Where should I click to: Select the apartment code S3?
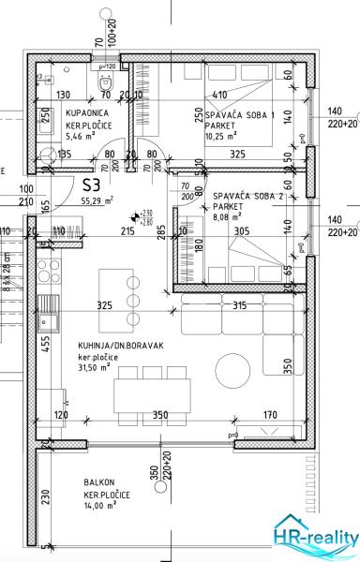tap(92, 185)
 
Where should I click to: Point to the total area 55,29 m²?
tap(97, 200)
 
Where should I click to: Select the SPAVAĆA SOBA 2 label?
tap(246, 198)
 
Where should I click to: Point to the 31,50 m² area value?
tap(97, 368)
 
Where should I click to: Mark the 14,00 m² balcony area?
tap(99, 504)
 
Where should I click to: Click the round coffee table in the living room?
tap(232, 366)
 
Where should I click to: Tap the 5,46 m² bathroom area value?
tap(82, 135)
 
